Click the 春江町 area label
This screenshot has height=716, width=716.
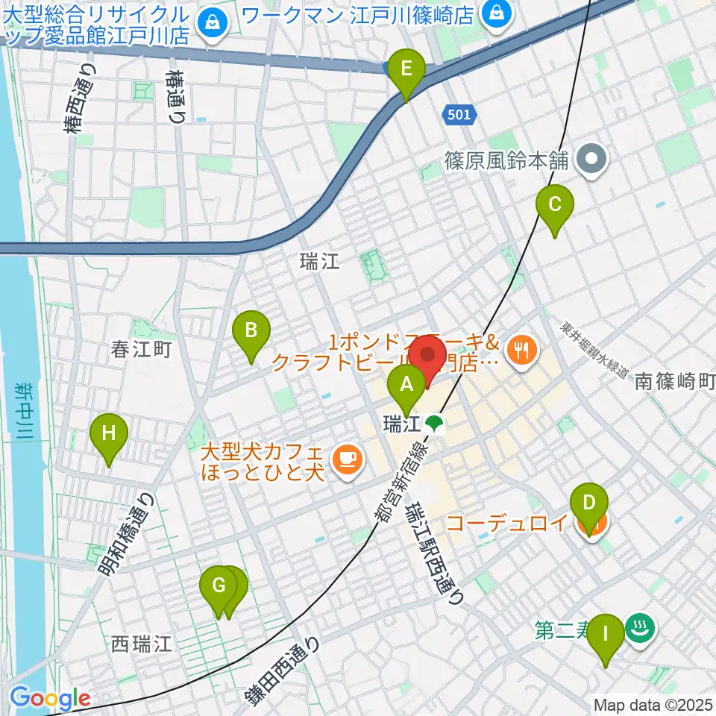[x=141, y=349]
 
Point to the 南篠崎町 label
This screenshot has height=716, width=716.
[x=675, y=383]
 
